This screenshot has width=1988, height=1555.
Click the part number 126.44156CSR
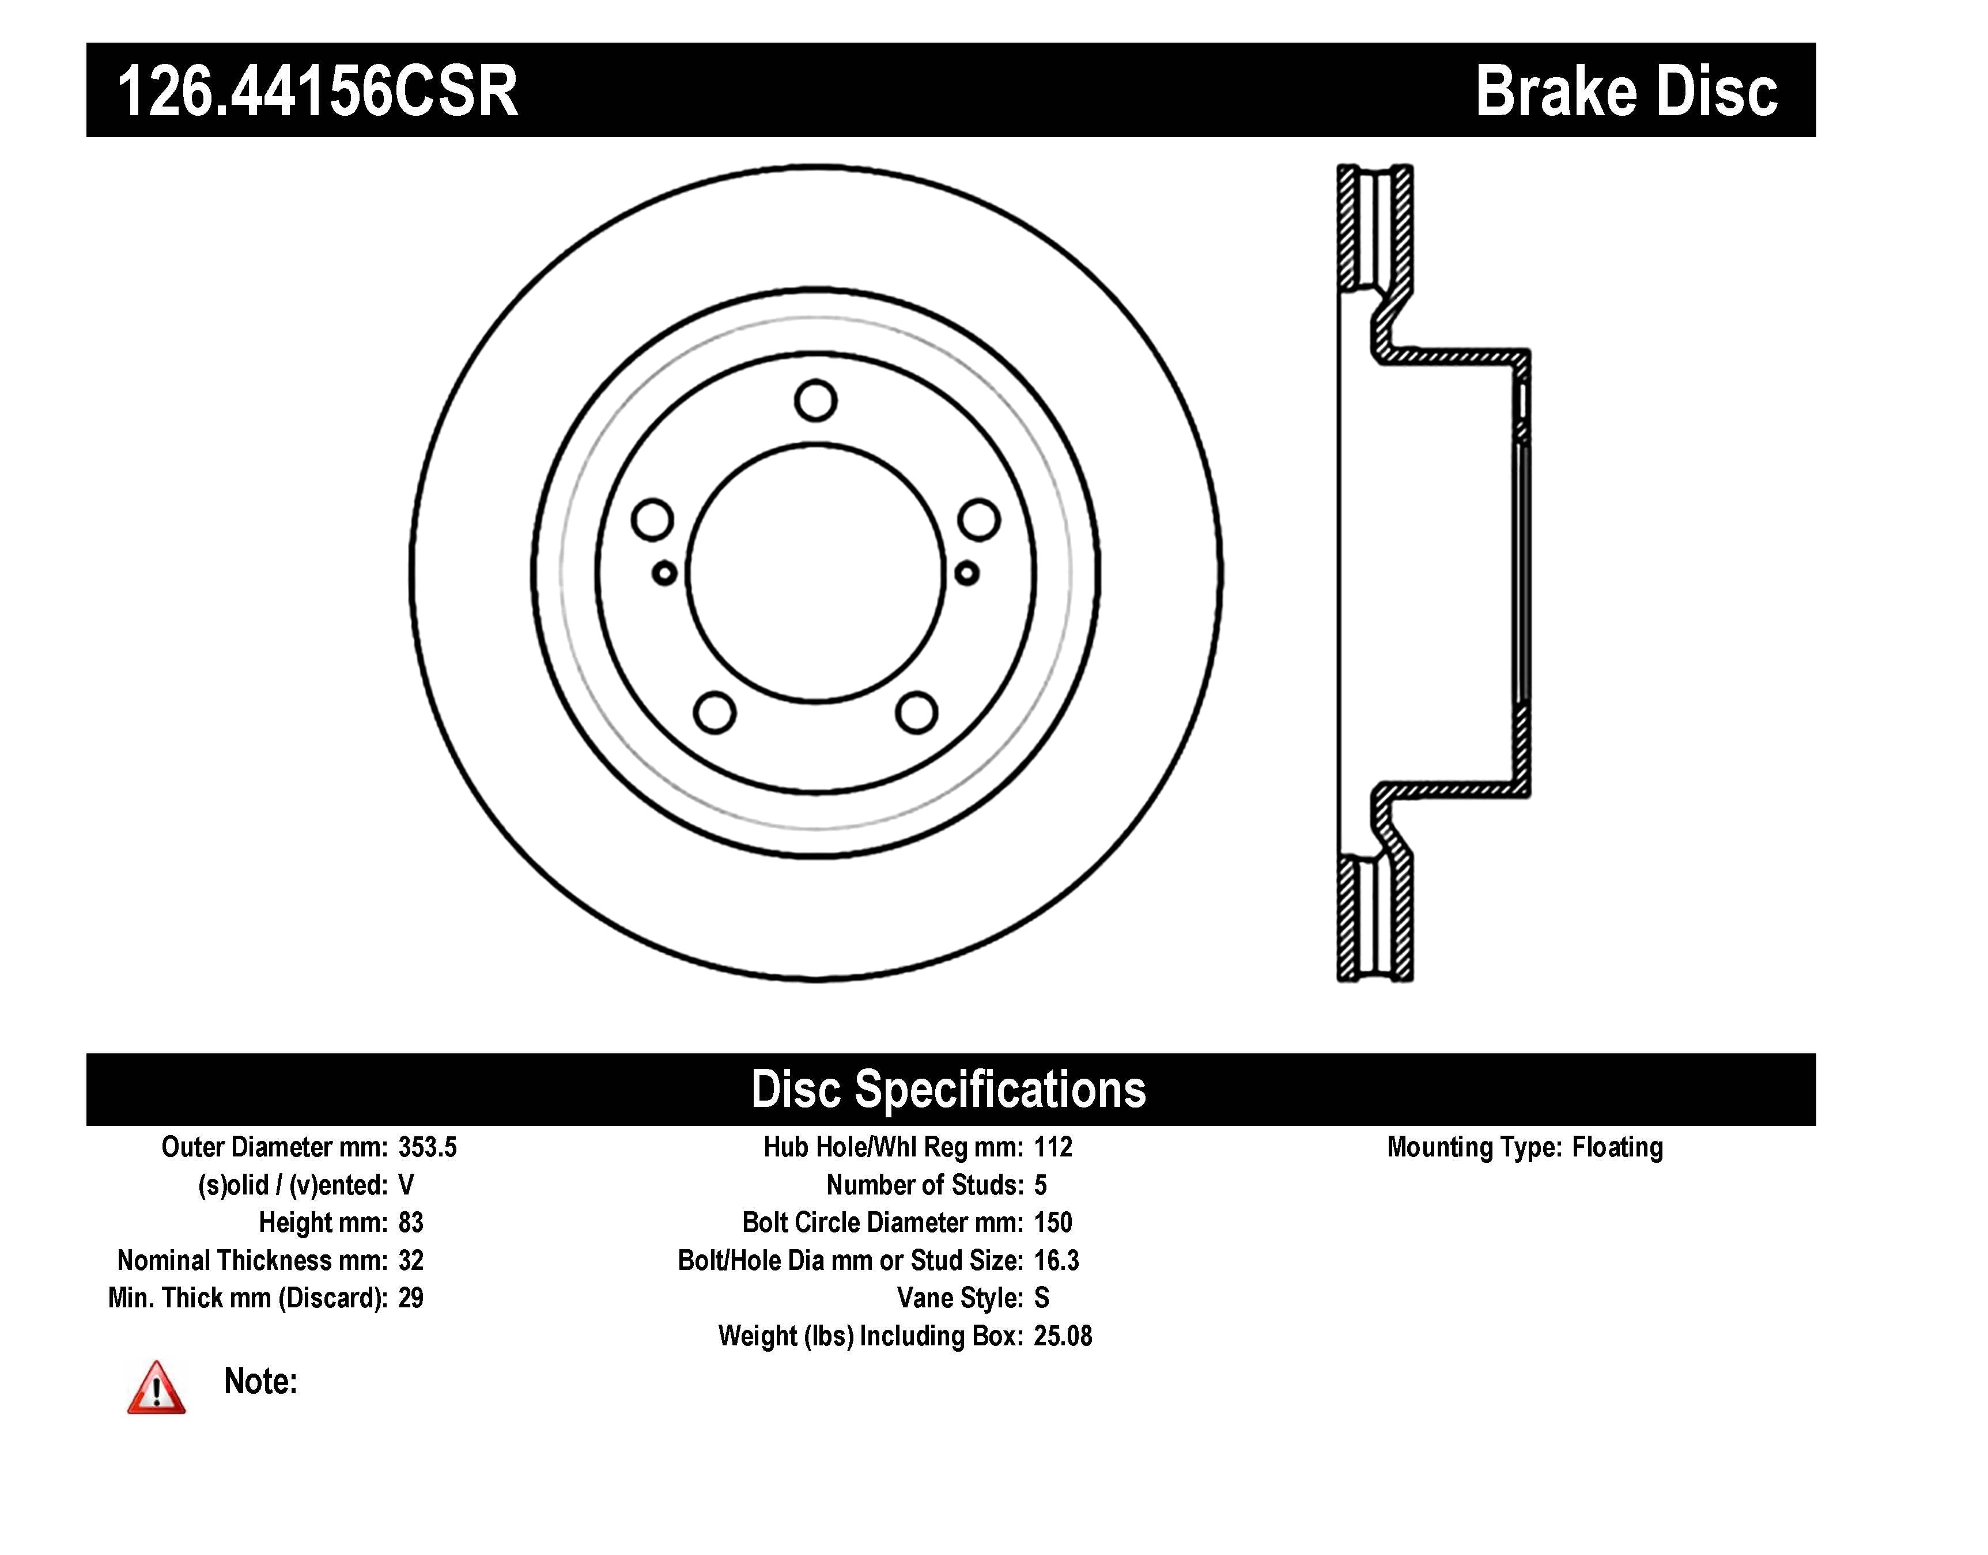click(318, 92)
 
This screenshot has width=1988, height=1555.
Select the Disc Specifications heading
click(948, 1090)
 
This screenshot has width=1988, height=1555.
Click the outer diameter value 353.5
click(427, 1147)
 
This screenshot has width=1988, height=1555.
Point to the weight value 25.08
click(1062, 1337)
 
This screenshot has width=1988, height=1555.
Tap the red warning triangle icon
click(156, 1389)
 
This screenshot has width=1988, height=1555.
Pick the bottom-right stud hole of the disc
click(916, 713)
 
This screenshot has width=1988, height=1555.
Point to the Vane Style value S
click(1042, 1298)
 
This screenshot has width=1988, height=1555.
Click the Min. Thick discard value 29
click(411, 1298)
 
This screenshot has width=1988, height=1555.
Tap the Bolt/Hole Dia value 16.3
click(1056, 1261)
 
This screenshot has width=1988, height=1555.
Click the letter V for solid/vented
click(406, 1185)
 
